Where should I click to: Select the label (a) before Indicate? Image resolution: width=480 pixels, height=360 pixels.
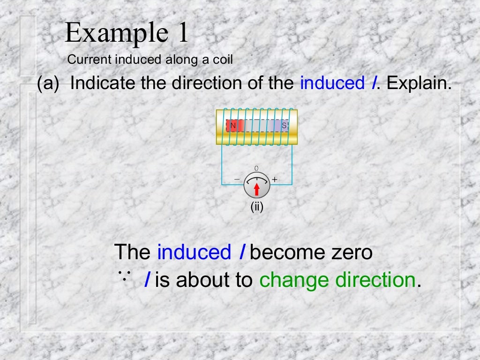pos(49,83)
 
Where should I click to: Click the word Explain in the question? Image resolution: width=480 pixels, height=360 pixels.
pos(419,83)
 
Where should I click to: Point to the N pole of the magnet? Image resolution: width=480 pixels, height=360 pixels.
pos(233,126)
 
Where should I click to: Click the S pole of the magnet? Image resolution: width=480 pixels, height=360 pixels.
pos(284,126)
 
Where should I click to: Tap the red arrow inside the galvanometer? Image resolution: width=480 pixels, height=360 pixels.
pos(257,188)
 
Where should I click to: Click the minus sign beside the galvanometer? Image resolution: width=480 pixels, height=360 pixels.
pos(237,179)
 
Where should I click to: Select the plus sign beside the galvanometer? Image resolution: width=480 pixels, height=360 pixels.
pos(275,179)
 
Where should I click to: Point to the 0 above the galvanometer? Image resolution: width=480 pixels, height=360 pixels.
pos(256,168)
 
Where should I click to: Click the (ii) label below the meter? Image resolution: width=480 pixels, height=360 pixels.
pos(257,206)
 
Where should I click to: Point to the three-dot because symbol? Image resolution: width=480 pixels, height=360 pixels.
pos(124,275)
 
